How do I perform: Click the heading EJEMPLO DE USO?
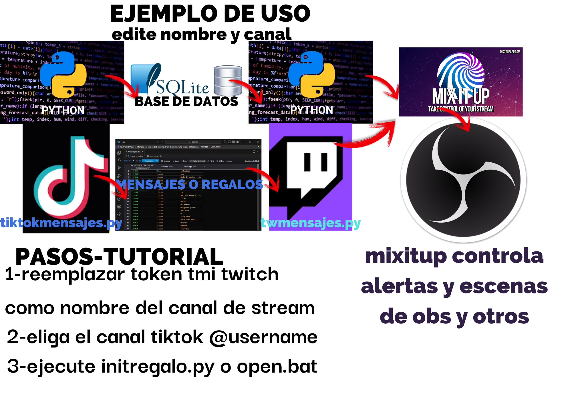pyautogui.click(x=210, y=14)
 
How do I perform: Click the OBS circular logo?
pyautogui.click(x=463, y=180)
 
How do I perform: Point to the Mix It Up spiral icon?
pyautogui.click(x=461, y=71)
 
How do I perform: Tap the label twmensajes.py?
pyautogui.click(x=311, y=223)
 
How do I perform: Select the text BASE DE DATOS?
pyautogui.click(x=186, y=101)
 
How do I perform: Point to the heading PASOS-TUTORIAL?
pyautogui.click(x=119, y=256)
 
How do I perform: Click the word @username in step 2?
pyautogui.click(x=263, y=337)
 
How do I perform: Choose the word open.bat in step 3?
pyautogui.click(x=277, y=366)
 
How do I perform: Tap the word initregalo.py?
pyautogui.click(x=158, y=367)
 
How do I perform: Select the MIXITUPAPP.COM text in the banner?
pyautogui.click(x=510, y=52)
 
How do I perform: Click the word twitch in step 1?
pyautogui.click(x=250, y=274)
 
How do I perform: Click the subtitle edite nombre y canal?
pyautogui.click(x=201, y=35)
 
